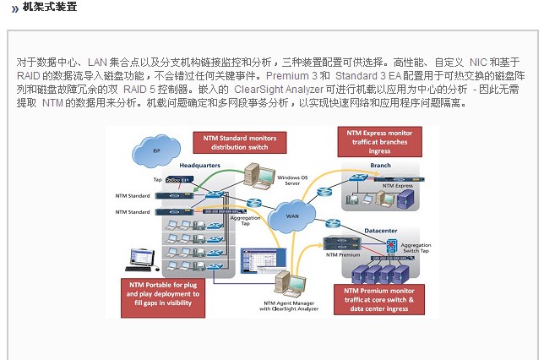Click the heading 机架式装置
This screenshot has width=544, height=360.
pos(49,8)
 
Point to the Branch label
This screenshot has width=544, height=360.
pos(381,166)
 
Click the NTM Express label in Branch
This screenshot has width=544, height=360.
pos(399,184)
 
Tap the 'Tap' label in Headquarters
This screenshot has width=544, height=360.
pos(157,180)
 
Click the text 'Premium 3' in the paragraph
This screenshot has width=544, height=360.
pos(287,75)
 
